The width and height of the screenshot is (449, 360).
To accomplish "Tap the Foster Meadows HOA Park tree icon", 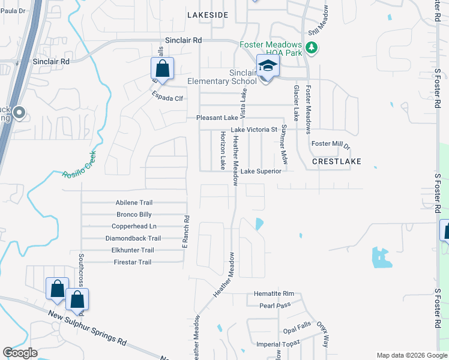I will (x=311, y=47).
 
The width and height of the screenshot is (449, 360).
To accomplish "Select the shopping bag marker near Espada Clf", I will (x=162, y=69).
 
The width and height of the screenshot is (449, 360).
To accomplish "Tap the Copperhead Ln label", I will (x=134, y=226).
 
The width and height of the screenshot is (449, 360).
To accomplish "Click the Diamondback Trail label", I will (x=133, y=238).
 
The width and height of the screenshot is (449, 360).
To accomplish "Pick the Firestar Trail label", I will (x=133, y=262).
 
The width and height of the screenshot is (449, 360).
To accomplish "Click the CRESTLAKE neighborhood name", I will (x=337, y=162).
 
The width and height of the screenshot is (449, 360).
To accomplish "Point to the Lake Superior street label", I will (x=261, y=172).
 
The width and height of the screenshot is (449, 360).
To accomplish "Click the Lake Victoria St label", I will (x=255, y=130).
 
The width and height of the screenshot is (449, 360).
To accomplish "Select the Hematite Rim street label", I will (x=274, y=293).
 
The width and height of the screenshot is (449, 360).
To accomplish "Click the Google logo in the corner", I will (x=20, y=353).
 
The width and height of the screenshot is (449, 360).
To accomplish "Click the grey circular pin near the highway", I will (x=19, y=113).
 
